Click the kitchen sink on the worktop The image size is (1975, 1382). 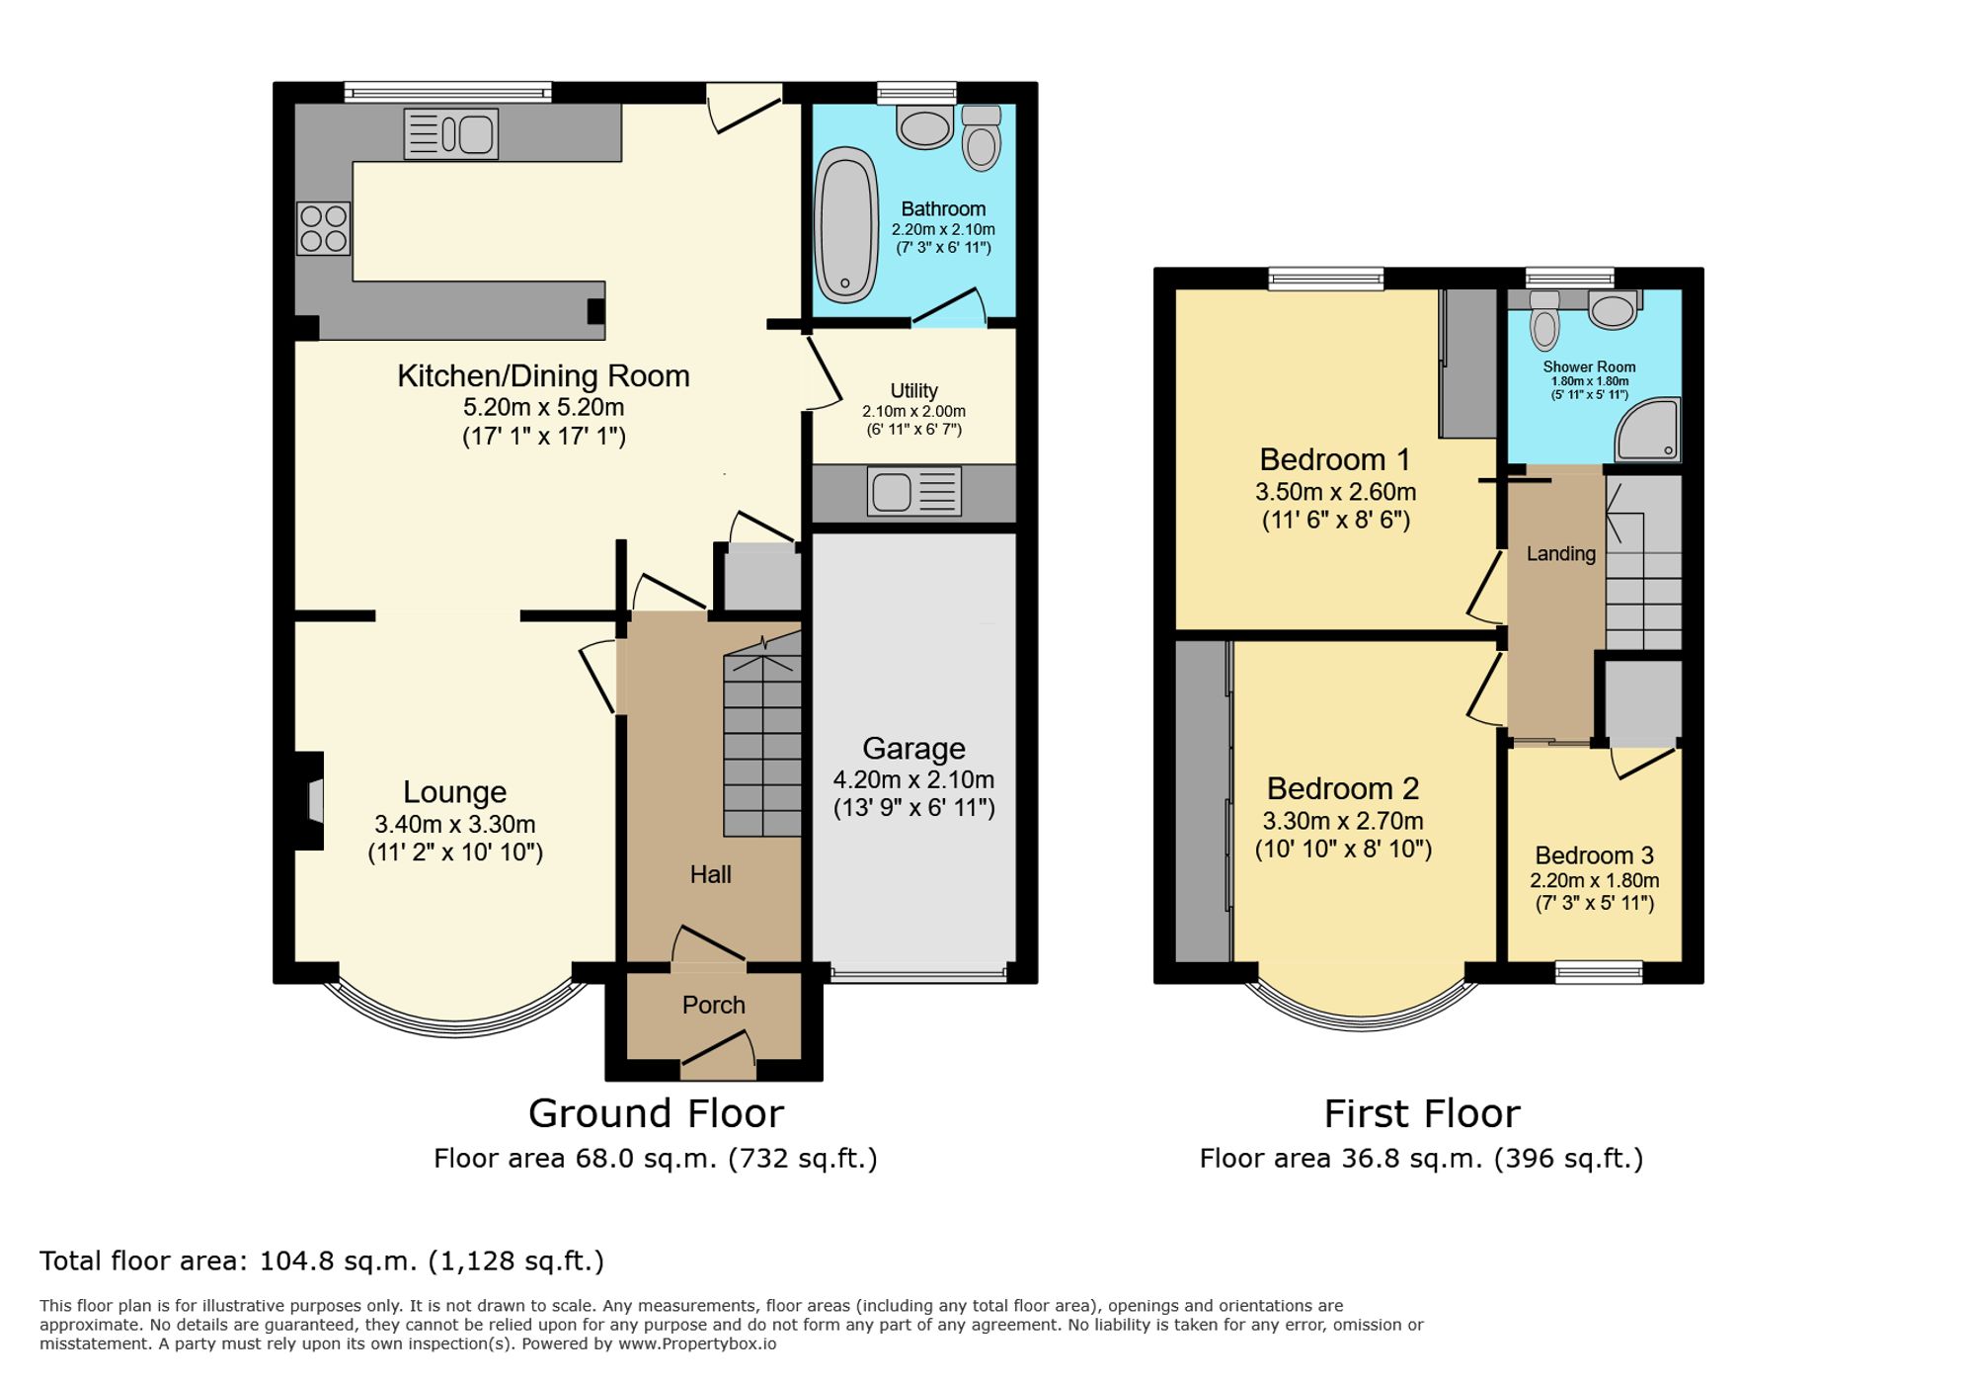click(x=451, y=134)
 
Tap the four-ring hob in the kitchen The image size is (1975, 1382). click(x=323, y=228)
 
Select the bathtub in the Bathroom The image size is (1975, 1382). click(x=846, y=224)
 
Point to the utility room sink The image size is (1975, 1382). click(x=913, y=491)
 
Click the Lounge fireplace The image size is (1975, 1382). click(x=310, y=801)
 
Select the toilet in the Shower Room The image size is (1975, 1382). click(x=1544, y=319)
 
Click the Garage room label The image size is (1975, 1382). click(x=913, y=748)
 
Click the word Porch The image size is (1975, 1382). click(x=713, y=1005)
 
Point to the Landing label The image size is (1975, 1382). click(x=1560, y=553)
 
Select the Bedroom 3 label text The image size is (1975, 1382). click(x=1594, y=855)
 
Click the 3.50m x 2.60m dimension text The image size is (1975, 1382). click(x=1335, y=492)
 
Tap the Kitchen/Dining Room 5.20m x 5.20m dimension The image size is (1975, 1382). click(x=543, y=407)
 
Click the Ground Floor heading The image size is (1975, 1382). click(x=656, y=1113)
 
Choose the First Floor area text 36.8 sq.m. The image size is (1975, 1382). click(x=1421, y=1158)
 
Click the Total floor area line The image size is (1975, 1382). click(x=321, y=1260)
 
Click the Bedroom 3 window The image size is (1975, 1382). click(x=1599, y=973)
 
